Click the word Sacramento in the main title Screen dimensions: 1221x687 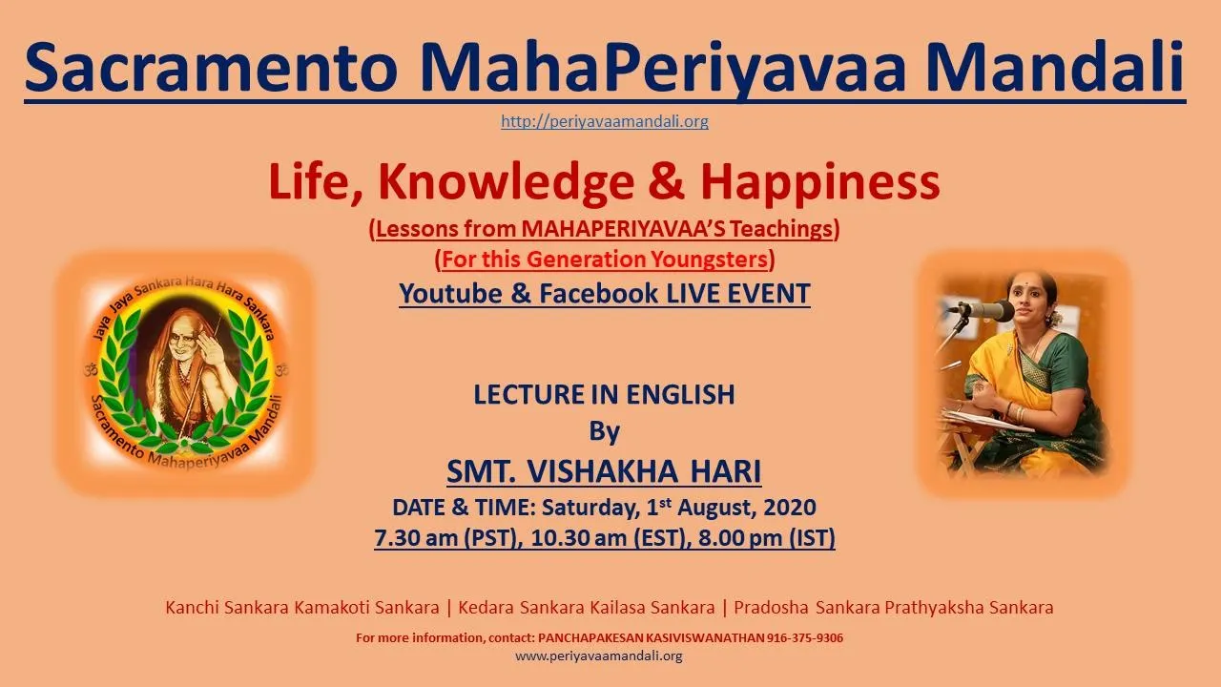coord(212,67)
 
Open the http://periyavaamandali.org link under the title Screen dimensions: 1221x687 coord(605,121)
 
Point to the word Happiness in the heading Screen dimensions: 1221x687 coord(820,182)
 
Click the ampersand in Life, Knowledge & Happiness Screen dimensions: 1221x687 coord(667,182)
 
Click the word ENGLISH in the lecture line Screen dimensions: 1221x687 coord(680,394)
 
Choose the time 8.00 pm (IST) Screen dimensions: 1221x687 coord(766,538)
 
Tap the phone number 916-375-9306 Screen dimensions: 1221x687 coord(805,638)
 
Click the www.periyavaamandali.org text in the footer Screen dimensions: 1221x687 coord(598,656)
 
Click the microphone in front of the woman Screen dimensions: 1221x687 coord(988,311)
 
